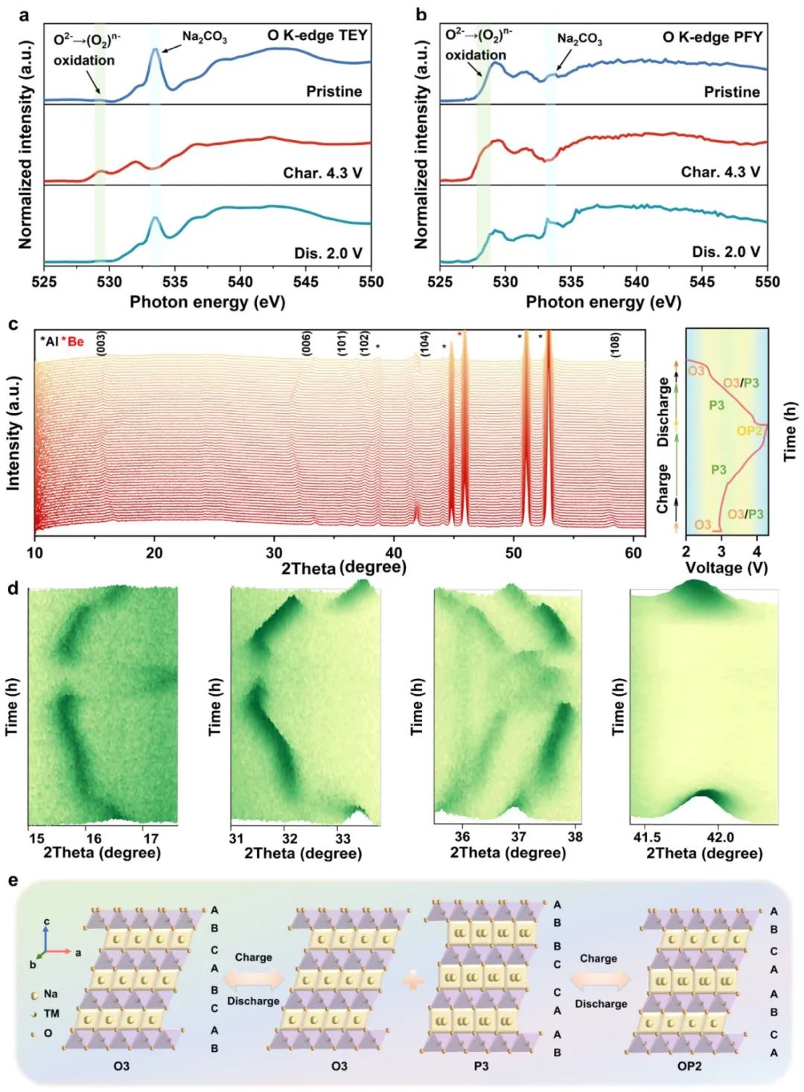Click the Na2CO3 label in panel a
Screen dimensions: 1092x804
[205, 37]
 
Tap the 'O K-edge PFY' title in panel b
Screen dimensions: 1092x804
[712, 36]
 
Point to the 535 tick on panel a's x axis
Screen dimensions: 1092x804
[175, 282]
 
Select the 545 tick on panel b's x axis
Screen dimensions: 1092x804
[702, 282]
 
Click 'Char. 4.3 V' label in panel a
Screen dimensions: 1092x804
[322, 173]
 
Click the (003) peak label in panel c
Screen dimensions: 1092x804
[101, 343]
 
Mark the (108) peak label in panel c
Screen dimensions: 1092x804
[615, 345]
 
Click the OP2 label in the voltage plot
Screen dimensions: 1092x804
[749, 431]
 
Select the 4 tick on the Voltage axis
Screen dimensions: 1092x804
[756, 552]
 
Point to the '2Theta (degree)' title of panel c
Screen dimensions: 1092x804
[343, 567]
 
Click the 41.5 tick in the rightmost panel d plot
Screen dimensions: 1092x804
[646, 837]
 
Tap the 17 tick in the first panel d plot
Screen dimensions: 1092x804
[151, 838]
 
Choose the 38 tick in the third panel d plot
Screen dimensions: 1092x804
[575, 837]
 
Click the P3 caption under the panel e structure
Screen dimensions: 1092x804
[481, 1066]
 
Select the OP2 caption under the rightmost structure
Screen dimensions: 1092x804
[689, 1066]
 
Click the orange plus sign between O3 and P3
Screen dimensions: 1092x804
[413, 980]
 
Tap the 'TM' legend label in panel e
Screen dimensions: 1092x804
[51, 1014]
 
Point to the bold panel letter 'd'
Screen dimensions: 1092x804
[13, 588]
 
